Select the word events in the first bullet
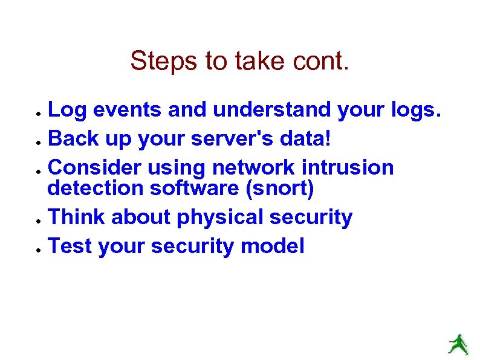pyautogui.click(x=125, y=110)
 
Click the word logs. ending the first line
pyautogui.click(x=412, y=110)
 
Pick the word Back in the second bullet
pyautogui.click(x=69, y=140)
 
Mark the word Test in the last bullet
pyautogui.click(x=68, y=246)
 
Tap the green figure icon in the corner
pyautogui.click(x=458, y=343)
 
